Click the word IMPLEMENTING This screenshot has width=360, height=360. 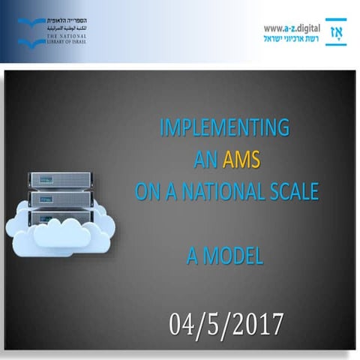(x=225, y=127)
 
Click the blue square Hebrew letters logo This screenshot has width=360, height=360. (x=335, y=33)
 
